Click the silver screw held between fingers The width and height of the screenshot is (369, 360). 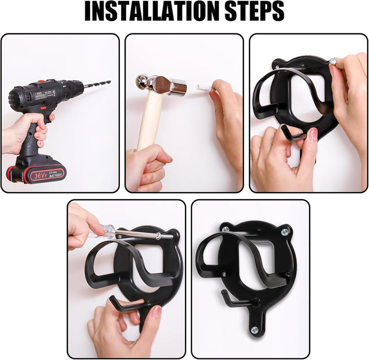[334, 61]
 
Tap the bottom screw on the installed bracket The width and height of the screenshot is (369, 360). [254, 330]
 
